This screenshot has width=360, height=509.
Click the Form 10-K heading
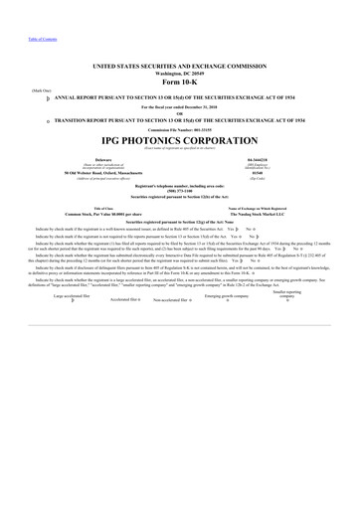(x=179, y=82)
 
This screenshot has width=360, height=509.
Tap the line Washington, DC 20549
(x=179, y=73)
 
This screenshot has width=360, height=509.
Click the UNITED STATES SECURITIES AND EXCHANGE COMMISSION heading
(x=179, y=65)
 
